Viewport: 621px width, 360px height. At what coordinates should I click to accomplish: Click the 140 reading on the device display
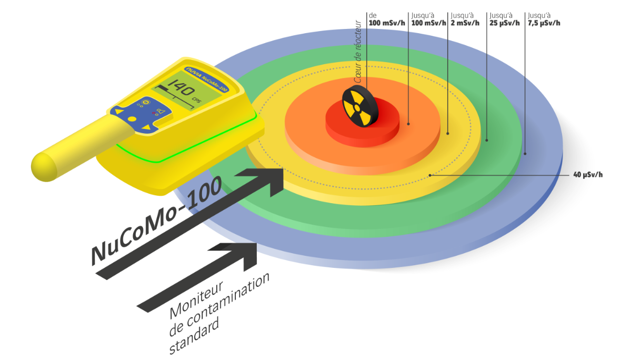185,87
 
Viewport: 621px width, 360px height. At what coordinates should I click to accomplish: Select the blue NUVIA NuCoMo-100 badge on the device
207,78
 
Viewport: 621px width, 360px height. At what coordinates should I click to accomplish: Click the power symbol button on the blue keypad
145,102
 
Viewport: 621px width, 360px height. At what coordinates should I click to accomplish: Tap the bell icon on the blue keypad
162,112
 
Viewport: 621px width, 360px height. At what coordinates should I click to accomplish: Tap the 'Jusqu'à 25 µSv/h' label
505,20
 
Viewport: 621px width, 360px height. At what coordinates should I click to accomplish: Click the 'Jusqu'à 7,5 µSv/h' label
544,20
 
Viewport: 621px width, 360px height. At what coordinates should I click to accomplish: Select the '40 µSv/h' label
588,175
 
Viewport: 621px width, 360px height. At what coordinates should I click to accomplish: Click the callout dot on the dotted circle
430,175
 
